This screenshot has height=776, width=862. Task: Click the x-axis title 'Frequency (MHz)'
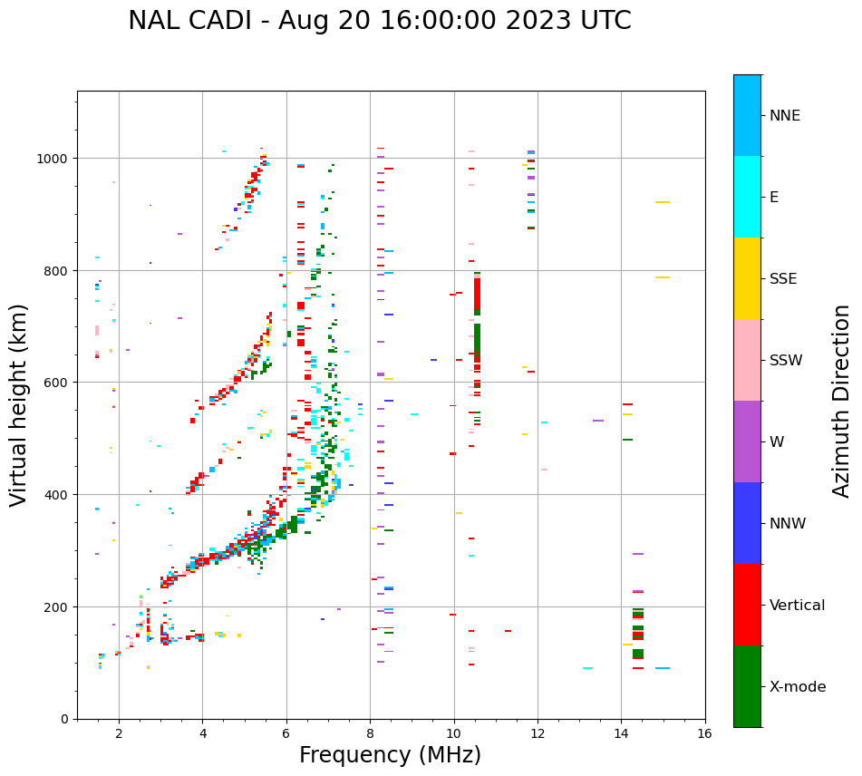[390, 756]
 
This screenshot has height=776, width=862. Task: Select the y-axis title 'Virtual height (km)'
[19, 404]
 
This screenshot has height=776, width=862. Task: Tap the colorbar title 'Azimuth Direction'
[842, 401]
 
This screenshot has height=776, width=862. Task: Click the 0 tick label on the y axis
[64, 719]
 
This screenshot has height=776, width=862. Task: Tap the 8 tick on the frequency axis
[370, 734]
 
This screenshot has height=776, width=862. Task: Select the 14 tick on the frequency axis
[621, 734]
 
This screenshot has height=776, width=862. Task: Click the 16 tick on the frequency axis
[704, 734]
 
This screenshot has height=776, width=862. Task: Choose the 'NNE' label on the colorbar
[785, 116]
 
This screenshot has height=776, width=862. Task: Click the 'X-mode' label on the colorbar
[798, 687]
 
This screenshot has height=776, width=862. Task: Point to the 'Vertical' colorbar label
[797, 606]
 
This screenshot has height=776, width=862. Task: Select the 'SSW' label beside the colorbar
[786, 361]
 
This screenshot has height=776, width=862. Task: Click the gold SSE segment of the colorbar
[747, 278]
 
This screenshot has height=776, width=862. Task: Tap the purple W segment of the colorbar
[747, 441]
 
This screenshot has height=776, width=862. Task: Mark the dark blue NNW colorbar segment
[747, 523]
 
